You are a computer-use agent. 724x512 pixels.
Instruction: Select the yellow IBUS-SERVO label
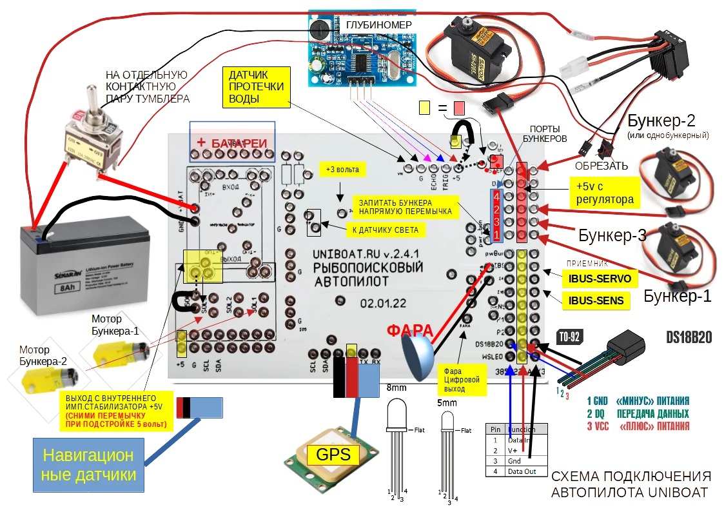pyautogui.click(x=600, y=279)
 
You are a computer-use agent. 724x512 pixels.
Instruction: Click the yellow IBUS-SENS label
pyautogui.click(x=596, y=300)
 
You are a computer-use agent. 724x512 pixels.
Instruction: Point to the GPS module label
pyautogui.click(x=333, y=455)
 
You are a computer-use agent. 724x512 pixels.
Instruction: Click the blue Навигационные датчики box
pyautogui.click(x=89, y=465)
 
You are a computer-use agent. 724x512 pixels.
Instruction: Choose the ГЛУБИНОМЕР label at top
pyautogui.click(x=379, y=25)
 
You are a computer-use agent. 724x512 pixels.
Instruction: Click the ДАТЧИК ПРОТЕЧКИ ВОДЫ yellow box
pyautogui.click(x=257, y=86)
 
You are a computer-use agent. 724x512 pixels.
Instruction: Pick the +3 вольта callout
pyautogui.click(x=343, y=170)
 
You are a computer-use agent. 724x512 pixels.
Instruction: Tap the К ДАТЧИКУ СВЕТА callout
pyautogui.click(x=386, y=230)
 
